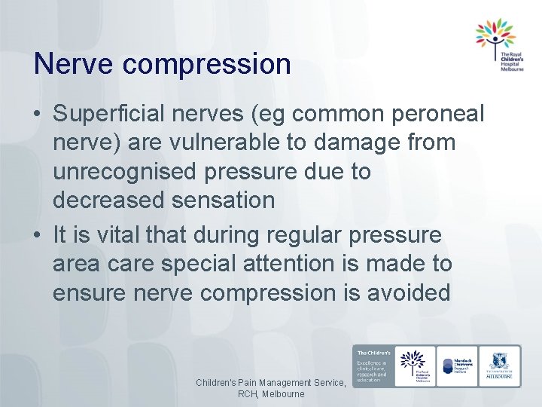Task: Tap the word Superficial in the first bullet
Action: tap(112, 115)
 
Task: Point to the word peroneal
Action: tap(440, 115)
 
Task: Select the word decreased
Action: tap(108, 200)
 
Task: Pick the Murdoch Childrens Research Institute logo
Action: tap(455, 366)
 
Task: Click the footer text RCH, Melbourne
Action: tap(271, 394)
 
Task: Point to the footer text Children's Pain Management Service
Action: tap(271, 383)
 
